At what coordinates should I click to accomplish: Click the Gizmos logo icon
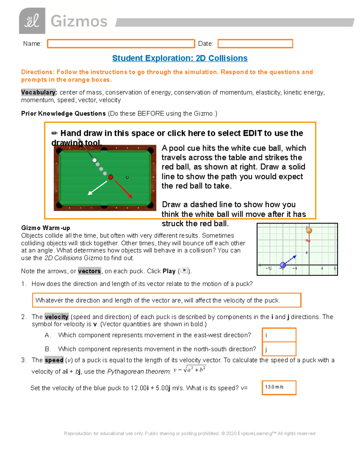[32, 21]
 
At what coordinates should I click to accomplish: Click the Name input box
[121, 44]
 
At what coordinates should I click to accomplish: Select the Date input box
[255, 44]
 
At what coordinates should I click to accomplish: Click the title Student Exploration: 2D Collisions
[180, 58]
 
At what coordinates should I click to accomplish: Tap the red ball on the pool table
[111, 177]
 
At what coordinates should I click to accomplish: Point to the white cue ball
[94, 160]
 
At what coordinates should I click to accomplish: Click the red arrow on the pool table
[124, 189]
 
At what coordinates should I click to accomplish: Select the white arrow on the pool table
[97, 188]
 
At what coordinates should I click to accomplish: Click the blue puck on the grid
[283, 265]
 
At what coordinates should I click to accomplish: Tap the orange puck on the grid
[309, 230]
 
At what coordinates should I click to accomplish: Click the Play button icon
[184, 270]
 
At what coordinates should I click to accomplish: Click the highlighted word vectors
[89, 271]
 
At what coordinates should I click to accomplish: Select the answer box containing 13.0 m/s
[279, 388]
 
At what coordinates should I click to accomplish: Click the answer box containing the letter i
[279, 335]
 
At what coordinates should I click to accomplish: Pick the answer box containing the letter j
[279, 349]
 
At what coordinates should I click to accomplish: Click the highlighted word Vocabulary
[39, 92]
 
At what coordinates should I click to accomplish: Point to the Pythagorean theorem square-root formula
[190, 370]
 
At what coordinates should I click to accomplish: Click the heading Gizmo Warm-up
[46, 228]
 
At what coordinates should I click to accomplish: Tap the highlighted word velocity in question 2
[57, 317]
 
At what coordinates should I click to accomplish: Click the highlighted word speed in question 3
[54, 360]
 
